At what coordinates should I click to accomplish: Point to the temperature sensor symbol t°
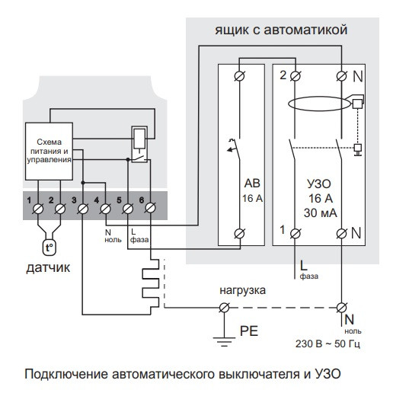click(49, 248)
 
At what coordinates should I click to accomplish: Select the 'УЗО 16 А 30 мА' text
click(315, 198)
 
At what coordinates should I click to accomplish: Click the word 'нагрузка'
click(241, 291)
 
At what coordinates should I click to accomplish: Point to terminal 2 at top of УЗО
click(288, 75)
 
